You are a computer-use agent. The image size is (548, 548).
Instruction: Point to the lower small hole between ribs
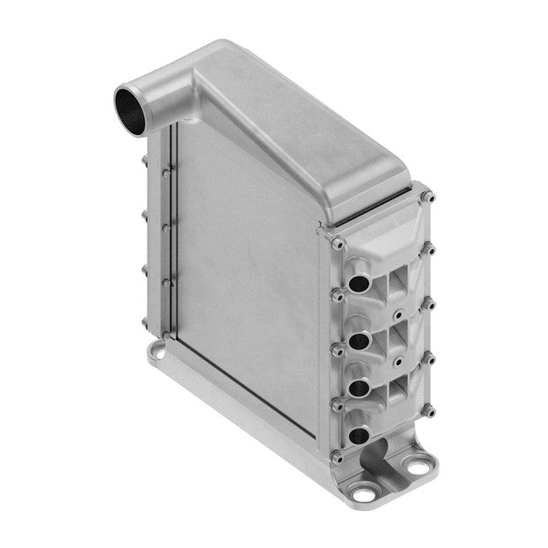point(396,366)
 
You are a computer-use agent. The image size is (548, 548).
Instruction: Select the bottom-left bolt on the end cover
point(338,457)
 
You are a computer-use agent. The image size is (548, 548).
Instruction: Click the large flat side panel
point(244,270)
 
